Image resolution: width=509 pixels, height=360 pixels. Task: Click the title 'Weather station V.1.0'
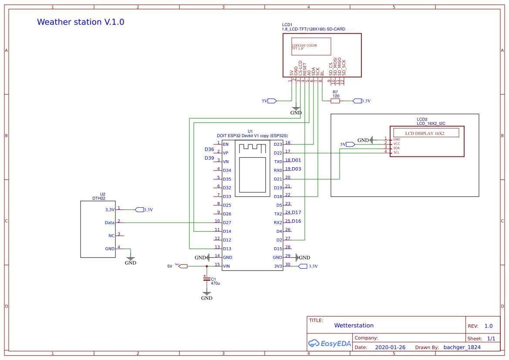(x=81, y=22)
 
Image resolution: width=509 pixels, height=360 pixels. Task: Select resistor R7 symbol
(x=335, y=101)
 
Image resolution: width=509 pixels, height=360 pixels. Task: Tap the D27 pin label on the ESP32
(x=227, y=223)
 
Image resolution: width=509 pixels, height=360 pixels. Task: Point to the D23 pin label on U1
(x=278, y=145)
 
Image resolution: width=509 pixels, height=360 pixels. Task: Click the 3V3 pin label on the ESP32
(x=278, y=266)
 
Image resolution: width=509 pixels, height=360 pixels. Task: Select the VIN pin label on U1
(x=226, y=266)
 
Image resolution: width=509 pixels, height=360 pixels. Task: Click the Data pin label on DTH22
(x=110, y=223)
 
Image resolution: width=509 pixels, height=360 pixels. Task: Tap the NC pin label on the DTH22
(x=111, y=236)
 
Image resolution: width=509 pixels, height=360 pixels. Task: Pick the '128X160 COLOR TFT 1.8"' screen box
(x=311, y=47)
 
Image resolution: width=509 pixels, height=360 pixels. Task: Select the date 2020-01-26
(x=390, y=347)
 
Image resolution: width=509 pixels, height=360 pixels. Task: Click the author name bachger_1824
(x=462, y=347)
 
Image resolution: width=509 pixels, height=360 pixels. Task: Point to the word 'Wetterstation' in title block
(x=354, y=326)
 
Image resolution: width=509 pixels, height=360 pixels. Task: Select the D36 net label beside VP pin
(x=209, y=149)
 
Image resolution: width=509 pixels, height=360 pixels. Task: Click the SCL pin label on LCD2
(x=396, y=152)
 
